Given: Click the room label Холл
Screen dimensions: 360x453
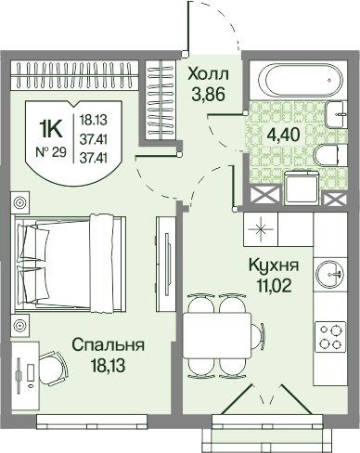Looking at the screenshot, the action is click(x=209, y=74).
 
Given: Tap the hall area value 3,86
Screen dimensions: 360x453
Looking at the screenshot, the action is click(x=208, y=94).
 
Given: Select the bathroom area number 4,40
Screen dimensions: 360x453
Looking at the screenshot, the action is click(x=284, y=135).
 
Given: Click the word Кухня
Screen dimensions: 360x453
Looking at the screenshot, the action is click(x=274, y=265).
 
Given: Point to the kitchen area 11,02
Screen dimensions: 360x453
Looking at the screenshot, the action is click(x=274, y=286).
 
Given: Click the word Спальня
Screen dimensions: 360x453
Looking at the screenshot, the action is click(x=109, y=344).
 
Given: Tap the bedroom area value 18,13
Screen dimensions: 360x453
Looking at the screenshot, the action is click(x=109, y=365).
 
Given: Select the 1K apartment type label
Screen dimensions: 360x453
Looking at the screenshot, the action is click(x=51, y=130).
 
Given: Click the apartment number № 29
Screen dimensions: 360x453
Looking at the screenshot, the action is click(x=51, y=152).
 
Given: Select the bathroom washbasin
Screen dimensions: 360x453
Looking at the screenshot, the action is click(x=336, y=114).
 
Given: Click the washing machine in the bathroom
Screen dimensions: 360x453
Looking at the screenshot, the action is click(x=302, y=188).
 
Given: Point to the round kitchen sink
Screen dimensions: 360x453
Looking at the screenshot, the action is click(x=329, y=274).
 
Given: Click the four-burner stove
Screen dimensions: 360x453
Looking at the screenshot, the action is click(x=330, y=338).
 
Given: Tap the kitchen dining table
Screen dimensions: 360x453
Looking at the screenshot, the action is click(x=217, y=335).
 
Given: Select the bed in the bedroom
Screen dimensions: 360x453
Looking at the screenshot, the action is click(x=71, y=264).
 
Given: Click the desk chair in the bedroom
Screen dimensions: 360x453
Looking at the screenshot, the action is click(x=53, y=369).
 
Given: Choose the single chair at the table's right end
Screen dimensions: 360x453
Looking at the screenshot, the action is click(x=258, y=335).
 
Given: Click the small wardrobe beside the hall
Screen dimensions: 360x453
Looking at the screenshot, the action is click(x=161, y=100).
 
